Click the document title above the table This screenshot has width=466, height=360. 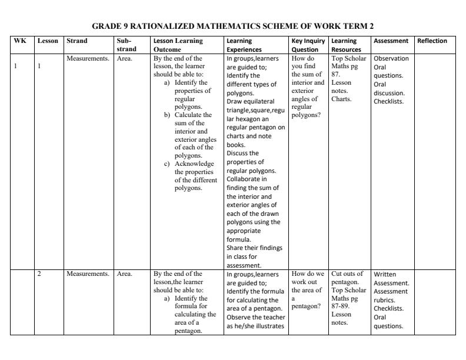233,26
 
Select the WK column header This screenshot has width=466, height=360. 18,41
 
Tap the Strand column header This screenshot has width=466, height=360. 77,41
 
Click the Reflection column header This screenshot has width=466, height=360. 432,41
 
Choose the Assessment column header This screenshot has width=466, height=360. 391,41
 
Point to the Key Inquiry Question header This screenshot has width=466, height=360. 308,45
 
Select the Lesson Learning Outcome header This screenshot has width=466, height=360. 179,45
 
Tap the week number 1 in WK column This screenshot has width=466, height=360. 17,66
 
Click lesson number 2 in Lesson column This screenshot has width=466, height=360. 39,274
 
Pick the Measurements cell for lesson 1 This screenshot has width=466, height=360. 88,59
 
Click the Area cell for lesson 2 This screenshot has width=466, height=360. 124,274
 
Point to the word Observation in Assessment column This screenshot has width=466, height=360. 391,59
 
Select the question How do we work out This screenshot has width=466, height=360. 308,278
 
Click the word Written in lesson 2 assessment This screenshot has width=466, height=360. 386,274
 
